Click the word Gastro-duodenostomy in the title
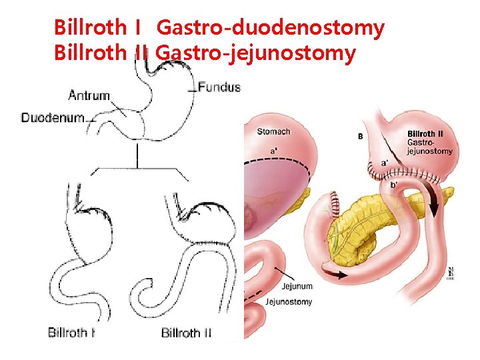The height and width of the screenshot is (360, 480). tap(270, 28)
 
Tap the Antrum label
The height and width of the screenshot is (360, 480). tap(89, 95)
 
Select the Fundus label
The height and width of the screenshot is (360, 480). tap(219, 87)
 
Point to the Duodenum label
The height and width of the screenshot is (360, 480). tap(53, 118)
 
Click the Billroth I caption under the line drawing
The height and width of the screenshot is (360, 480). tap(71, 333)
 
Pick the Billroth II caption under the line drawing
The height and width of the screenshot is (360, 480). tap(186, 333)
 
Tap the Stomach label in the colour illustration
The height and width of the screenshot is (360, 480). tap(273, 131)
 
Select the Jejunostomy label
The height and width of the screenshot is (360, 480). tap(288, 302)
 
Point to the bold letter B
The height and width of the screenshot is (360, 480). tap(361, 136)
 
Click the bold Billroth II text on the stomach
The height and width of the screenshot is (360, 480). tap(425, 135)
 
